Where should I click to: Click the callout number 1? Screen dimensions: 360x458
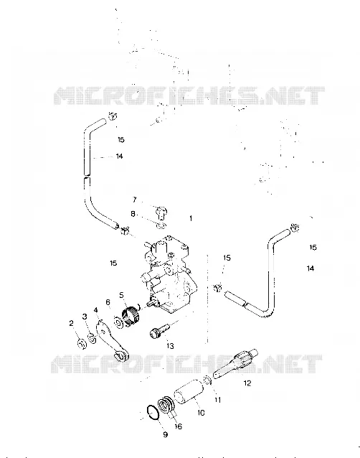[191, 218]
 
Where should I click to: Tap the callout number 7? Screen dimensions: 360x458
[135, 200]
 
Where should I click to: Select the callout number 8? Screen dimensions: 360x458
[133, 214]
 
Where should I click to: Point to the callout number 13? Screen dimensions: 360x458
[170, 346]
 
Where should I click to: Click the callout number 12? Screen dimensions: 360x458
[247, 383]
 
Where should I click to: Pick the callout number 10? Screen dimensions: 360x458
[201, 413]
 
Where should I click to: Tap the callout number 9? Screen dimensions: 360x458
[165, 434]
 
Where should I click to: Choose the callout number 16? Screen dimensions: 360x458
[178, 426]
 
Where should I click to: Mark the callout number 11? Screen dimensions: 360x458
[218, 400]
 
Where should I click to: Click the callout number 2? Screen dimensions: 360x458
[72, 323]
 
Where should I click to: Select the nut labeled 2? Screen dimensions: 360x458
[82, 343]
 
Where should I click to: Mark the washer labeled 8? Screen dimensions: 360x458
[161, 225]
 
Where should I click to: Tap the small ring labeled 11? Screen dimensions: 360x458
[207, 380]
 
